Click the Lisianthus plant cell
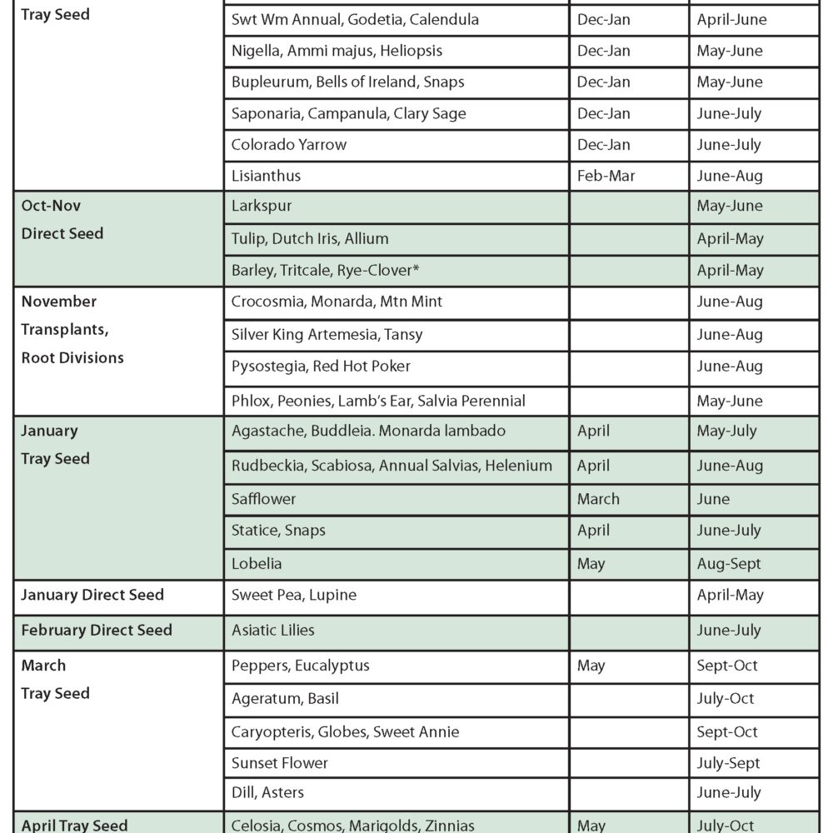click(x=266, y=176)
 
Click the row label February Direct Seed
click(x=97, y=630)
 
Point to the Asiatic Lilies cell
click(x=273, y=630)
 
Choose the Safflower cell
click(x=264, y=499)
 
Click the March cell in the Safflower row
click(x=598, y=499)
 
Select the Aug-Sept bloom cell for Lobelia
click(x=729, y=563)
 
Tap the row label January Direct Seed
click(x=92, y=595)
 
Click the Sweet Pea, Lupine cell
click(x=294, y=595)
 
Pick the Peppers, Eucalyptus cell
click(x=301, y=666)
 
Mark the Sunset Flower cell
click(x=280, y=763)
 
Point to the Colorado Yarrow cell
click(x=289, y=144)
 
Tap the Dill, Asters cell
click(x=267, y=792)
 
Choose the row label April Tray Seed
click(x=74, y=825)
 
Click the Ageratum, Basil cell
click(x=285, y=698)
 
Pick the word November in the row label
click(x=59, y=301)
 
